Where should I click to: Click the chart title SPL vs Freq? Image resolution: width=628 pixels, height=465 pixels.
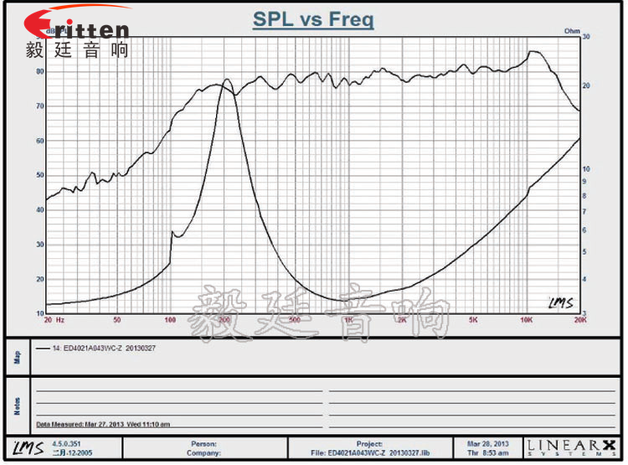tap(313, 19)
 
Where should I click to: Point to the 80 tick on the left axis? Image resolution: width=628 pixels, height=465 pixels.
tap(39, 72)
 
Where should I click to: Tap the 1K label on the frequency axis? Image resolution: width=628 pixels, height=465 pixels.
tap(348, 320)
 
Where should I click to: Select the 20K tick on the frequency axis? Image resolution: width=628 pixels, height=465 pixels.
tap(578, 320)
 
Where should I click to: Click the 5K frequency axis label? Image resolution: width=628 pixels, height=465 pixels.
tap(473, 320)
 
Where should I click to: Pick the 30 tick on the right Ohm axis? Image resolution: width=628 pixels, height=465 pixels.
tap(586, 37)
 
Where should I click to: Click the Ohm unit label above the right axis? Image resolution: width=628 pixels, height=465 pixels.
tap(572, 31)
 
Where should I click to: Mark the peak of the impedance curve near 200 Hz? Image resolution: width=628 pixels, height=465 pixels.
tap(224, 80)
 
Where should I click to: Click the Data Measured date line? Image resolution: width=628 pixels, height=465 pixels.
tap(103, 425)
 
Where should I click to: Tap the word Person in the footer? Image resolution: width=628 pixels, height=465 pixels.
tap(204, 443)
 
